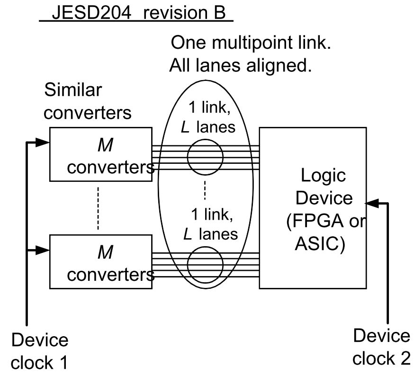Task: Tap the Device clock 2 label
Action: tap(381, 347)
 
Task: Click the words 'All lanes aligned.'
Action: tap(240, 66)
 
